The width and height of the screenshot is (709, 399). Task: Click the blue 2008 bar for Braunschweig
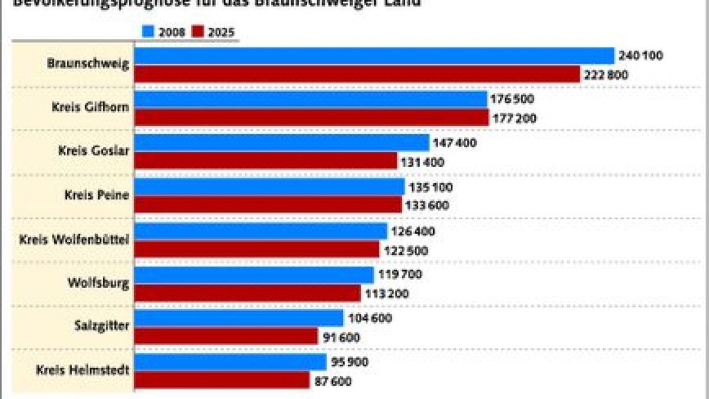[x=375, y=56]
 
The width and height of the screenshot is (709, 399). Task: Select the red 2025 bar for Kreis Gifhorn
[x=311, y=118]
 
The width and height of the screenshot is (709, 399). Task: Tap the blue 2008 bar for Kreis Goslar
[x=282, y=142]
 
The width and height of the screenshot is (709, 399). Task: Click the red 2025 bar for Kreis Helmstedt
[x=222, y=381]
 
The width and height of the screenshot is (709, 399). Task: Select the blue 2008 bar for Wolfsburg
[x=255, y=274]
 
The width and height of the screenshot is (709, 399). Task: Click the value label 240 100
[x=641, y=56]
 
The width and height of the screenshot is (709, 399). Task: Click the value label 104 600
[x=370, y=318]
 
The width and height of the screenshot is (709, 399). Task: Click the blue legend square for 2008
[x=148, y=32]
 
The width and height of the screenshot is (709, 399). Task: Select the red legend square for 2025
[x=197, y=32]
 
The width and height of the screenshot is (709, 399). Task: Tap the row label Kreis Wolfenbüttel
[x=74, y=239]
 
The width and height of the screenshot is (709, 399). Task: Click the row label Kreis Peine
[x=97, y=195]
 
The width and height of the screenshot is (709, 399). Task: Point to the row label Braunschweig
[x=88, y=64]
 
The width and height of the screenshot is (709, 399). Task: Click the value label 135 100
[x=431, y=187]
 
